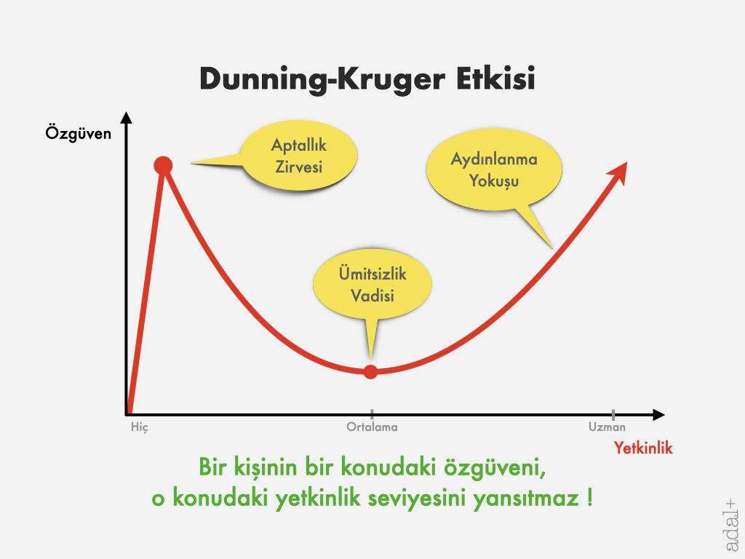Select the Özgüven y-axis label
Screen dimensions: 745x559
(x=79, y=133)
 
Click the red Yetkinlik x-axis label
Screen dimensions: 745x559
(x=643, y=448)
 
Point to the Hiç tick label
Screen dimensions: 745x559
(x=140, y=427)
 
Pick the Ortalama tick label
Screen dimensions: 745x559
(x=372, y=427)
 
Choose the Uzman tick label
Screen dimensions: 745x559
(x=607, y=427)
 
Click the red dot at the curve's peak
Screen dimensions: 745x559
(x=163, y=165)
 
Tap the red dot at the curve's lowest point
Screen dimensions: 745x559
(x=370, y=372)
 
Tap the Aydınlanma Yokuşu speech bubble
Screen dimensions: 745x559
(x=494, y=171)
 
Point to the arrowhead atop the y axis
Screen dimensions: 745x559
(x=126, y=117)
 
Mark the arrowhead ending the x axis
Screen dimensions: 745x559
(x=658, y=415)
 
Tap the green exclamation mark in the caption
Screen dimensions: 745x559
(x=589, y=498)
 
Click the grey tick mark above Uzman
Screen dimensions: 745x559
(x=613, y=414)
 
